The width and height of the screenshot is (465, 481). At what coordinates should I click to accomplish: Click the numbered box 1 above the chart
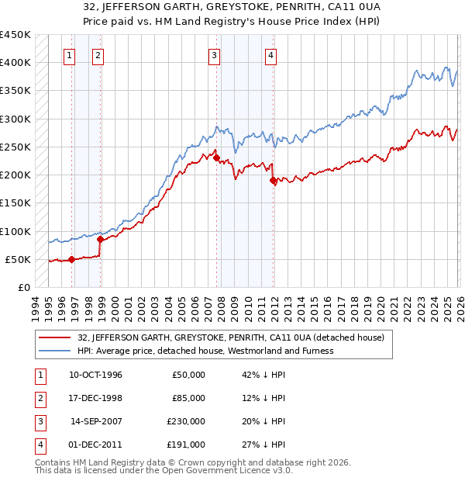pos(71,55)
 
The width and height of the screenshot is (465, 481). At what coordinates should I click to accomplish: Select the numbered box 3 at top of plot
pos(214,55)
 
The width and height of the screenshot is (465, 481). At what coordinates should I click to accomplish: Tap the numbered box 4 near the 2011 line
pos(270,55)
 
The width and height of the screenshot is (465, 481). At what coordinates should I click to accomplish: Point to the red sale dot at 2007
pos(216,158)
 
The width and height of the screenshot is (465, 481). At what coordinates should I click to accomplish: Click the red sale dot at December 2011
pos(273,180)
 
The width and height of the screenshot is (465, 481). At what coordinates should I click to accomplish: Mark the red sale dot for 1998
pos(100,240)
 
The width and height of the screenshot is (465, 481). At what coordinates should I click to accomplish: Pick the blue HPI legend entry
pos(205,351)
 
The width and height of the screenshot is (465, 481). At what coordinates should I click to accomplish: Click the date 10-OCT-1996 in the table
pos(95,375)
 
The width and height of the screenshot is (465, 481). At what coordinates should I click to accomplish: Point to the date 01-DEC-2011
pos(95,445)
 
